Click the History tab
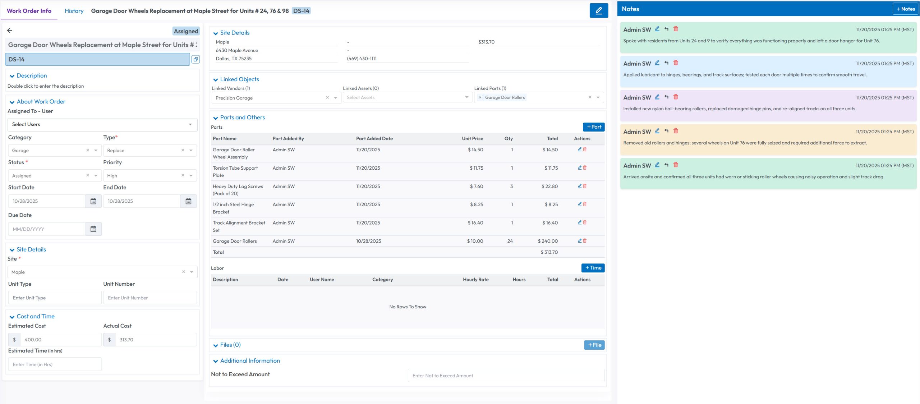coord(74,11)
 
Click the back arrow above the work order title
coord(10,31)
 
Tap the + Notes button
coord(905,9)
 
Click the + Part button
coord(593,127)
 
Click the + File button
coord(594,345)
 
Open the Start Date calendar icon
coord(93,201)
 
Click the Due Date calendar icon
coord(93,229)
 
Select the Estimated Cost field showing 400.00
coord(60,340)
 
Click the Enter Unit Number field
coord(150,298)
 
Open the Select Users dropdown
coord(102,124)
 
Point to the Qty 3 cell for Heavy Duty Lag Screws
coord(511,187)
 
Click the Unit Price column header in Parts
coord(472,139)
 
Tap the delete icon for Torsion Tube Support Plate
coord(585,168)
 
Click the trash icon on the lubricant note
coord(676,63)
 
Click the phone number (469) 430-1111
coord(362,59)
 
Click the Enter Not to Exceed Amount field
coord(506,376)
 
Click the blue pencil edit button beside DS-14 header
coord(599,11)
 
